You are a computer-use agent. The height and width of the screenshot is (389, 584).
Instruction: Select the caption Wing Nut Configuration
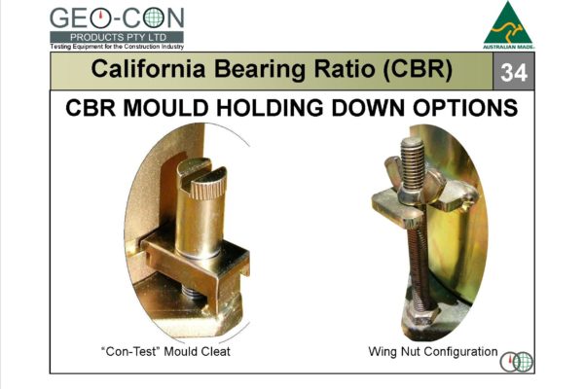coord(433,350)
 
